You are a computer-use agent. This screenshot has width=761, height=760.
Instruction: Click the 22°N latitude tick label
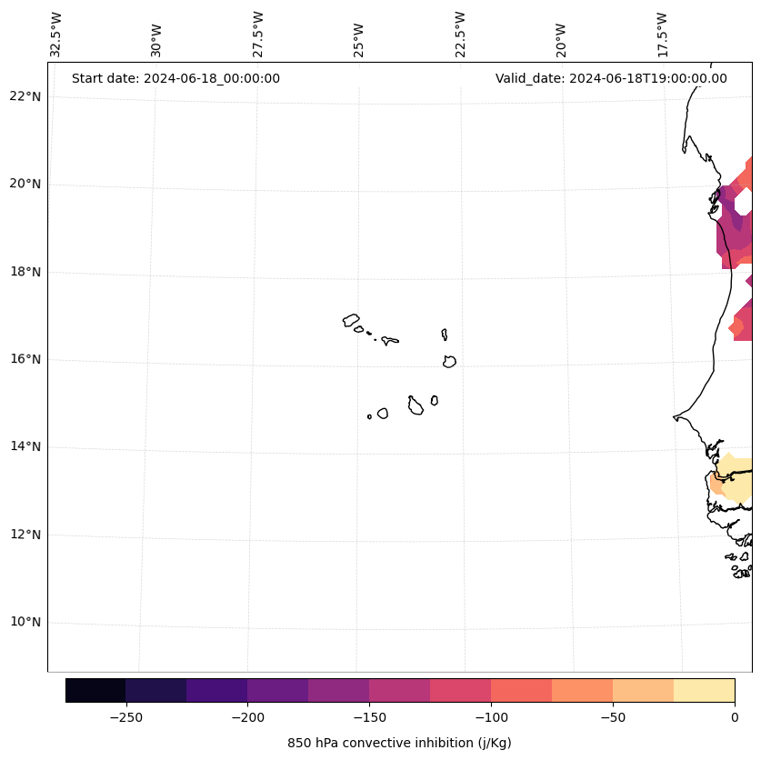25,96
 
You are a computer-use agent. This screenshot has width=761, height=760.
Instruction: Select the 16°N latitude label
25,359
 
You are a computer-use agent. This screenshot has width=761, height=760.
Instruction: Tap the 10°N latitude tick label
25,622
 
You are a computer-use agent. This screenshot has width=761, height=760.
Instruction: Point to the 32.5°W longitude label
57,34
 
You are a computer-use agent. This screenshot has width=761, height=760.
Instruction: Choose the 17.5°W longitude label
663,34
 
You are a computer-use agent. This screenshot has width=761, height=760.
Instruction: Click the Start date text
175,78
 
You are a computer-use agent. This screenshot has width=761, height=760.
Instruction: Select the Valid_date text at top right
611,78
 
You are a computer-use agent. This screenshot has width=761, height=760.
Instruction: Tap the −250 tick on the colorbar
125,717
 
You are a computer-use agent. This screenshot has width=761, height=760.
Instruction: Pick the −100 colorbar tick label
491,717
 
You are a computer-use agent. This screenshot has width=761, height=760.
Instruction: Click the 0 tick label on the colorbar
735,717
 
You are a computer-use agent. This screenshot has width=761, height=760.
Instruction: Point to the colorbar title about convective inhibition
399,743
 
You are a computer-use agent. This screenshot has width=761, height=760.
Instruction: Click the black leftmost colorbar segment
95,690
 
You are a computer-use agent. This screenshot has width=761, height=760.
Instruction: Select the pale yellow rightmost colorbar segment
704,690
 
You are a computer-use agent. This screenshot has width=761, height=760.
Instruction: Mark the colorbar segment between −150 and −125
399,690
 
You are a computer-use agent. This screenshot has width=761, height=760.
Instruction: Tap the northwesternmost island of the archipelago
351,320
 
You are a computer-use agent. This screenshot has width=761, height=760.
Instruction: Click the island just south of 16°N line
449,362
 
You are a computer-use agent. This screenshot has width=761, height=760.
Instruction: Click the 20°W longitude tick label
561,37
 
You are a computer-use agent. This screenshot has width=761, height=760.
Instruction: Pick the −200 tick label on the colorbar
247,717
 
